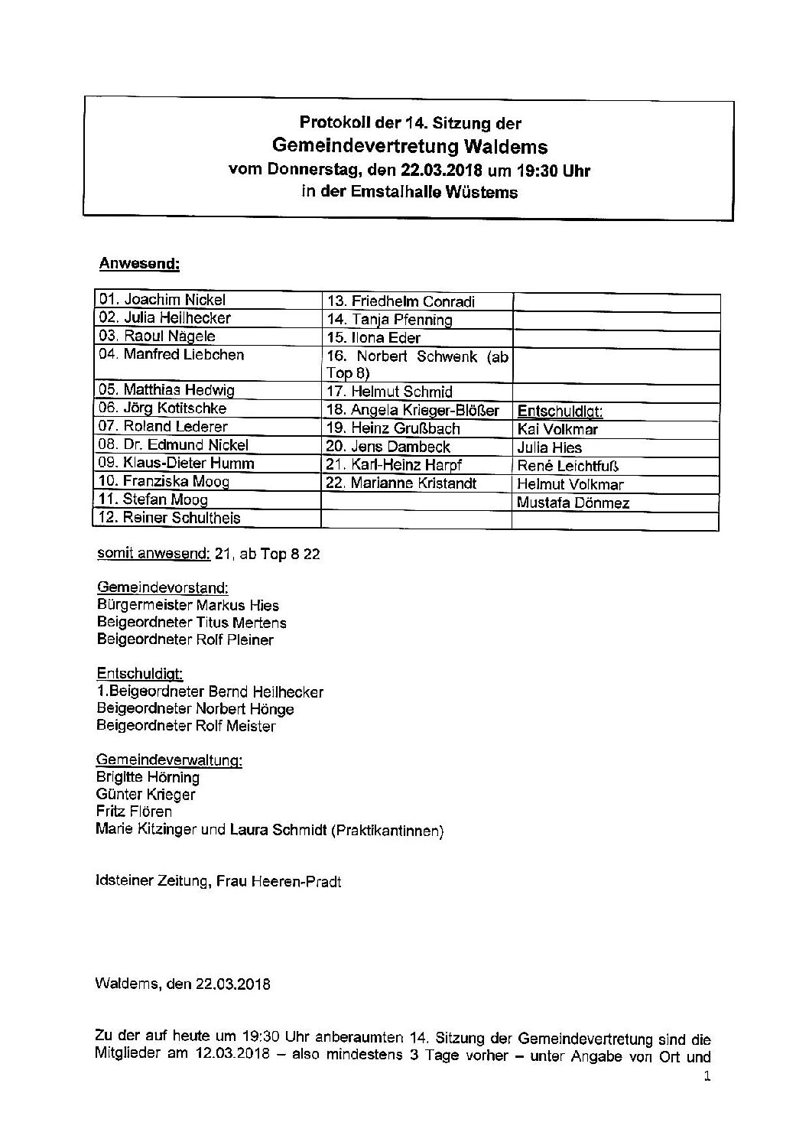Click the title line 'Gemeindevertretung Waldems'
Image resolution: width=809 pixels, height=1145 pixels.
409,146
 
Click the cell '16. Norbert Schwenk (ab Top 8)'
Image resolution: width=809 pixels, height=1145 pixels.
417,364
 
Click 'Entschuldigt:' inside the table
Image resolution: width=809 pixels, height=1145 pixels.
560,411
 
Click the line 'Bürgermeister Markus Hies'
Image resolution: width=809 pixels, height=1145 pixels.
188,605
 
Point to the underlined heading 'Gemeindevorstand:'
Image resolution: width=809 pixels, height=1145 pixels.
162,587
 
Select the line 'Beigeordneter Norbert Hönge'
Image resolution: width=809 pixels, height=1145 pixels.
195,709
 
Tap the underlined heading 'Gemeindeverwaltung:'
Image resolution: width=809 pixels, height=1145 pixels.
169,760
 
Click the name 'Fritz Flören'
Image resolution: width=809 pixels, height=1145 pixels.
134,811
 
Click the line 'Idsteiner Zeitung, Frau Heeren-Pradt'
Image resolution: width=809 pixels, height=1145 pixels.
219,881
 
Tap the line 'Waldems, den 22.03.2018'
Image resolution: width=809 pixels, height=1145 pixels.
184,984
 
